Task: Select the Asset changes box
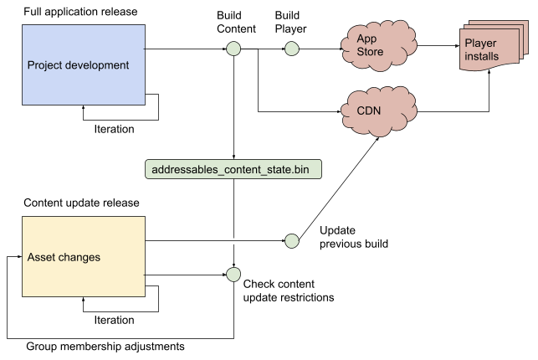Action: pos(83,256)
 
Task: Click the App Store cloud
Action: pos(376,46)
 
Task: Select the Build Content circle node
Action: pos(233,49)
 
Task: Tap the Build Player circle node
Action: pos(292,49)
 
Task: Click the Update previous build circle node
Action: pos(292,241)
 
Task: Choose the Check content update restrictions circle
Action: pos(233,275)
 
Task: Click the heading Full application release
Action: pos(81,13)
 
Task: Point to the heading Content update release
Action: pos(81,203)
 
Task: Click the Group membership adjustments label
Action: pos(105,346)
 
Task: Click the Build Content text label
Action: pos(237,23)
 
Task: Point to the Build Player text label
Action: pos(292,23)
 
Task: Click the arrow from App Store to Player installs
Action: pos(437,47)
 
